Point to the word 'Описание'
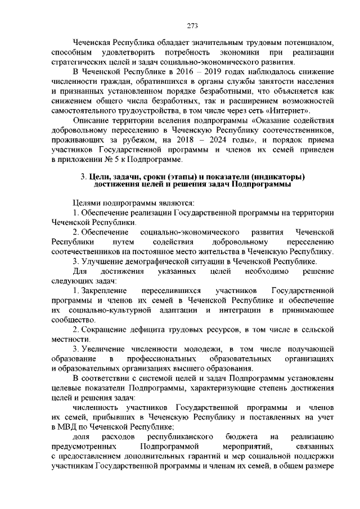(93, 120)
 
